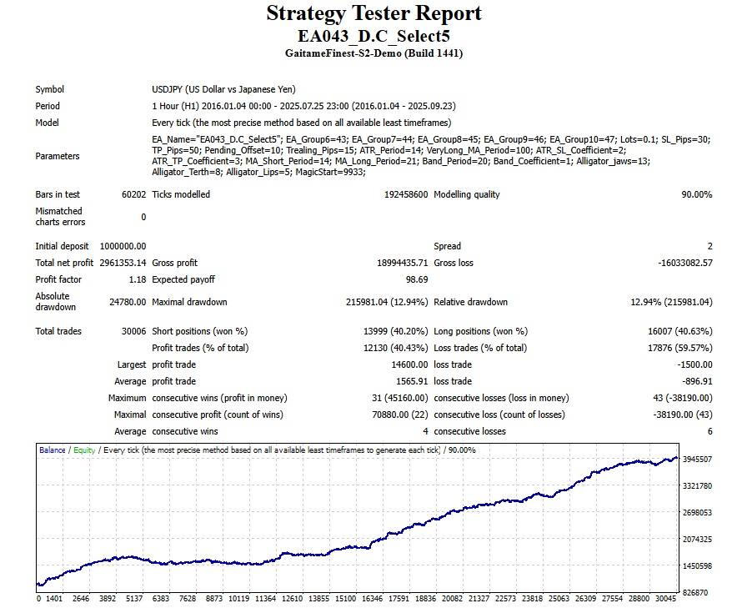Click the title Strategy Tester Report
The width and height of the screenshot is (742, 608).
point(374,14)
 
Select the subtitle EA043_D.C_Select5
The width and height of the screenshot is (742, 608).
point(374,36)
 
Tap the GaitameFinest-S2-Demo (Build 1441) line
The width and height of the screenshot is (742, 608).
point(374,53)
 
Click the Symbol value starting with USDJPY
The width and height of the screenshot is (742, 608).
point(224,89)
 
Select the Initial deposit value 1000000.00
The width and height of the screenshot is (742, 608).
point(122,246)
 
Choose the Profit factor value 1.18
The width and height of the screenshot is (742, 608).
point(136,279)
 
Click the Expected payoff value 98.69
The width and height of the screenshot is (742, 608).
point(416,279)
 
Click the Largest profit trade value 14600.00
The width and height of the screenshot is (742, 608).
point(406,364)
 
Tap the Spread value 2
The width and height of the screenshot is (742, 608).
point(709,246)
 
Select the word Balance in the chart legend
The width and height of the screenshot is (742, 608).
point(53,450)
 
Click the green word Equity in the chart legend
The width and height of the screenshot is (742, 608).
point(84,450)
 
